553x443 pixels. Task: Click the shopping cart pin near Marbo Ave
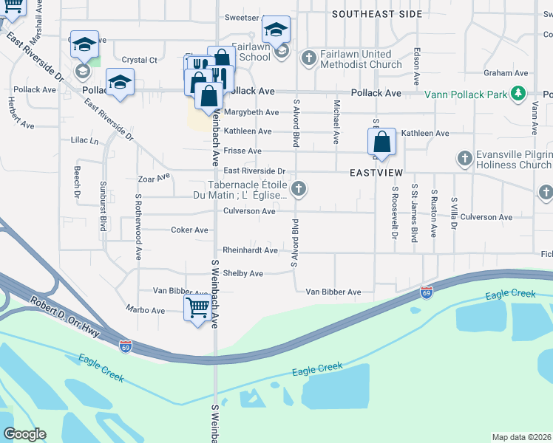tap(197, 308)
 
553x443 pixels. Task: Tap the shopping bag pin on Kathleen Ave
tap(381, 142)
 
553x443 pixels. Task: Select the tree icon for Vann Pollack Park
tap(519, 94)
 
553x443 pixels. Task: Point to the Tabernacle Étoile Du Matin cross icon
tap(299, 190)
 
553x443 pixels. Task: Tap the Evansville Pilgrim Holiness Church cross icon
tap(464, 158)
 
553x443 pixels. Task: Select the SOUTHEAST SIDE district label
tap(377, 14)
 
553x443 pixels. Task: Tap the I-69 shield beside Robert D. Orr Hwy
tap(126, 345)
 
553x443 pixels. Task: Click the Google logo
tap(24, 434)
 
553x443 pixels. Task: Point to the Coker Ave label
tap(190, 230)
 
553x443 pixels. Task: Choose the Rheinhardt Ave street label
tap(251, 250)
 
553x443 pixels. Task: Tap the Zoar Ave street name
tap(154, 178)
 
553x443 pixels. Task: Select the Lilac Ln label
tap(84, 140)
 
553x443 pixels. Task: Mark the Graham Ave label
tap(506, 73)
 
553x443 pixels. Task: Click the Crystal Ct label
tap(140, 60)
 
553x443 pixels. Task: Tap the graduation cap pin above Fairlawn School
tap(276, 31)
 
